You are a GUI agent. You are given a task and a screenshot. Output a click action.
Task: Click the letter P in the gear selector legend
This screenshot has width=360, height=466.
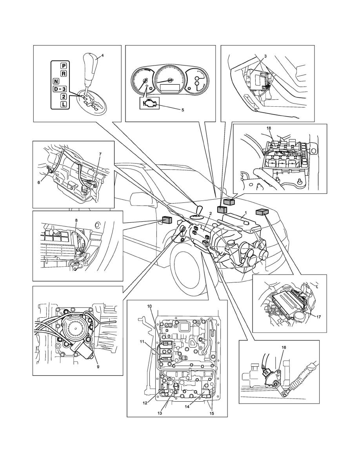(x=63, y=66)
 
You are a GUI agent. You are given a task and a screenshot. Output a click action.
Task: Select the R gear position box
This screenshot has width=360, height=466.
(x=63, y=73)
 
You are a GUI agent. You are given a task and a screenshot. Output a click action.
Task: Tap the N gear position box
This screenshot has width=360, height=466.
(x=56, y=82)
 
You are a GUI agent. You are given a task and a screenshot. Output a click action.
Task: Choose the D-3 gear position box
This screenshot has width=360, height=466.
(x=60, y=89)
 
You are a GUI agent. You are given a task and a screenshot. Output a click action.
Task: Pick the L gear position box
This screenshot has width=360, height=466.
(x=63, y=104)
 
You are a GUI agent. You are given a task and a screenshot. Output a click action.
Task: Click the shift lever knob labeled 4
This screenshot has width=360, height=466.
(x=89, y=63)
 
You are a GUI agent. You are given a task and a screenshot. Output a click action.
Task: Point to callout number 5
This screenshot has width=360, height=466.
(x=182, y=110)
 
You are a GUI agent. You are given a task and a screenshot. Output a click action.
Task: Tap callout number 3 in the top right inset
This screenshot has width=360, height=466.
(x=265, y=56)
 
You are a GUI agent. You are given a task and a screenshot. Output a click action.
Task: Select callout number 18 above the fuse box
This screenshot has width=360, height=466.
(x=269, y=128)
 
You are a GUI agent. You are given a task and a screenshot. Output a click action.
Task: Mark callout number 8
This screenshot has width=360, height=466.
(x=76, y=220)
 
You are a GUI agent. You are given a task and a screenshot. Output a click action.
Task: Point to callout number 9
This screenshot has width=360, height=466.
(x=98, y=367)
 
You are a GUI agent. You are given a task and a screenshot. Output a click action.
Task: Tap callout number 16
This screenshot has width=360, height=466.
(x=284, y=348)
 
